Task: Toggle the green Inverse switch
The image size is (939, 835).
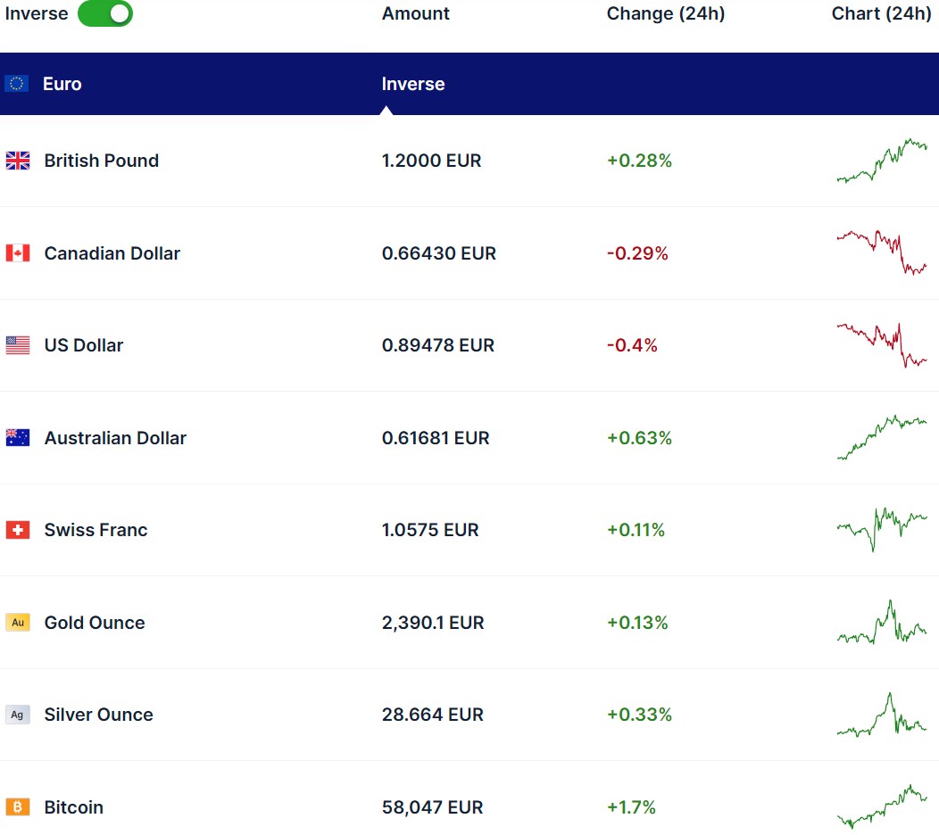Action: pyautogui.click(x=105, y=13)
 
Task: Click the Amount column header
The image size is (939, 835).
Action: pyautogui.click(x=415, y=13)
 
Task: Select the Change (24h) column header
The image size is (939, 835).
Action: pyautogui.click(x=665, y=13)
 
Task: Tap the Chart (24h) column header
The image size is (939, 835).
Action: pyautogui.click(x=881, y=13)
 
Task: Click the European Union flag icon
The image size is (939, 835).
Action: pyautogui.click(x=17, y=84)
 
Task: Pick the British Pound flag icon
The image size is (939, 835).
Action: pyautogui.click(x=18, y=161)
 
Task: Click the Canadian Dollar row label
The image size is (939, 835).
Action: pyautogui.click(x=112, y=253)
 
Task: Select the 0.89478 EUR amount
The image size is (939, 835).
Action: pyautogui.click(x=437, y=345)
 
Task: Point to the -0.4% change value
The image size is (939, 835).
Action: pyautogui.click(x=632, y=345)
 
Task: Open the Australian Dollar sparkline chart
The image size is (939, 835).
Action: pyautogui.click(x=882, y=436)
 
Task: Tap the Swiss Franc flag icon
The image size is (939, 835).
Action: pyautogui.click(x=18, y=530)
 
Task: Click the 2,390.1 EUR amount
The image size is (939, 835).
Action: pyautogui.click(x=433, y=623)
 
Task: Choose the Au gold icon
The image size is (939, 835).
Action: pyautogui.click(x=18, y=623)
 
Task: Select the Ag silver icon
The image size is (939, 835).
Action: pyautogui.click(x=18, y=715)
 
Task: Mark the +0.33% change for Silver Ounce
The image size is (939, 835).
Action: pyautogui.click(x=639, y=715)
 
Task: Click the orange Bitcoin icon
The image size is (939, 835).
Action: pyautogui.click(x=18, y=807)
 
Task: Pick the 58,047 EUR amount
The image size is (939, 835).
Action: pyautogui.click(x=432, y=807)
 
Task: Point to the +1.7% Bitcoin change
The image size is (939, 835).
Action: pyautogui.click(x=631, y=807)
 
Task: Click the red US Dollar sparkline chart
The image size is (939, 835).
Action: pyautogui.click(x=882, y=345)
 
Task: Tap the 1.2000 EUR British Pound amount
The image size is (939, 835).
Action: pyautogui.click(x=431, y=161)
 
